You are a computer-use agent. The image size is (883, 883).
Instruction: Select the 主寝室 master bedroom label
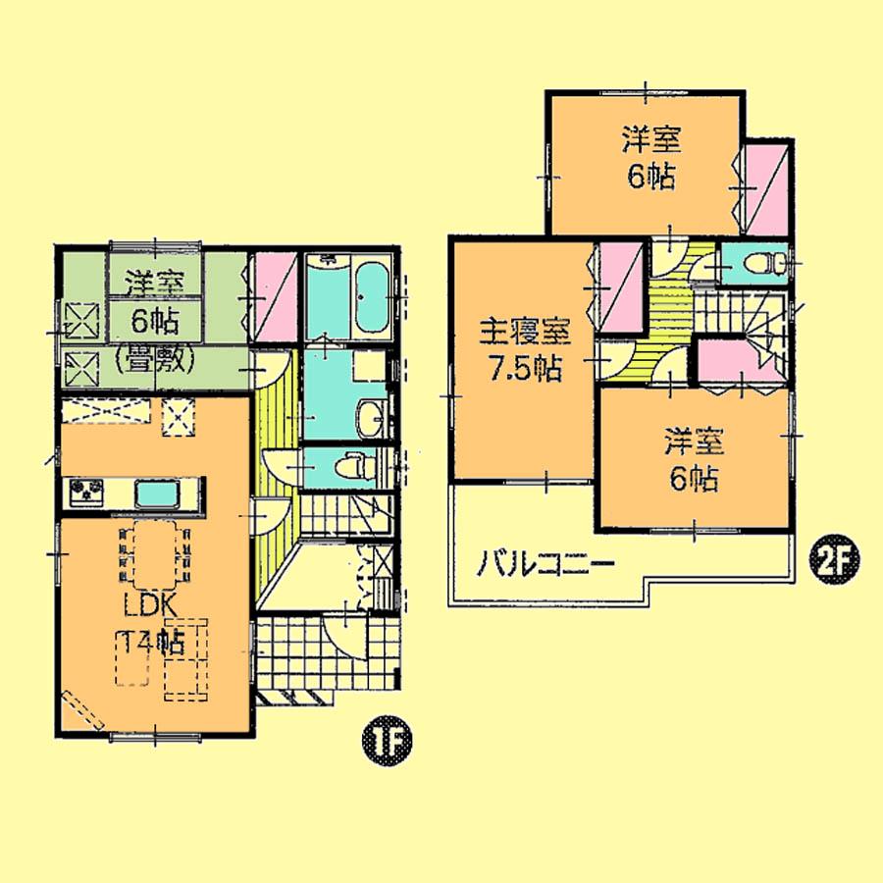point(524,331)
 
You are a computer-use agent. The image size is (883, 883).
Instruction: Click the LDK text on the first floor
point(149,605)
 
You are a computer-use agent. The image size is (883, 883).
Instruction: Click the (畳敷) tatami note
point(153,360)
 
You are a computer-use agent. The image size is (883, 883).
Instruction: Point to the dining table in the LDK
point(155,552)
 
